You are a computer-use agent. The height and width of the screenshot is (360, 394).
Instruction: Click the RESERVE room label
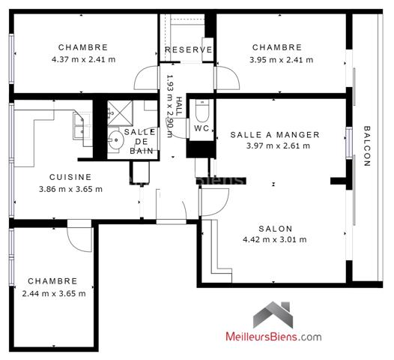point(189,50)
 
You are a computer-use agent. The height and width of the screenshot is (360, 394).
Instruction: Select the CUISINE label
point(70,177)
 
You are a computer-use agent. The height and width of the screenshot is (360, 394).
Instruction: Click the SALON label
point(276,229)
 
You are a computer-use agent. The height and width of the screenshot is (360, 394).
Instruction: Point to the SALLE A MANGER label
point(275,135)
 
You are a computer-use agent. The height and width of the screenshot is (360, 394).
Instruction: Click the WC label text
point(201,128)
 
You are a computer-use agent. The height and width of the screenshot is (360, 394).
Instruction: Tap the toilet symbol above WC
point(201,111)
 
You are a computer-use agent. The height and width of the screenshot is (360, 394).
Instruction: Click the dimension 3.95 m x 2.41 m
point(281,59)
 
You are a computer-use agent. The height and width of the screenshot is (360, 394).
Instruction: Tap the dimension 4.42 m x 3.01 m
point(275,240)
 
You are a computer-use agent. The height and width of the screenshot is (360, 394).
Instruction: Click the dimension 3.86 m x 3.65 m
point(70,189)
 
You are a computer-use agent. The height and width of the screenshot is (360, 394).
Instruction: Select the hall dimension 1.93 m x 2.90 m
point(169,106)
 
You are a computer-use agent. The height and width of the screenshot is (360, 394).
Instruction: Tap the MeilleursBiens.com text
point(273,337)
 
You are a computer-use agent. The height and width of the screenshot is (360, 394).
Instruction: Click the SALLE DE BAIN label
point(141,141)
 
